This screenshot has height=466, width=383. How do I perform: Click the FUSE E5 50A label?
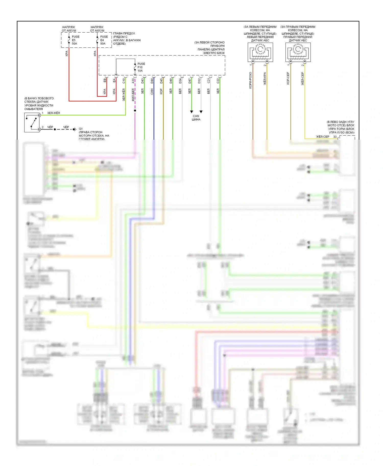pyautogui.click(x=75, y=40)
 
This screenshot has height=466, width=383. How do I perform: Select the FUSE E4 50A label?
pyautogui.click(x=104, y=40)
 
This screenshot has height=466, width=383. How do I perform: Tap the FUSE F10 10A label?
pyautogui.click(x=141, y=67)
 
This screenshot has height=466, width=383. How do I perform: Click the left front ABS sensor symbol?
pyautogui.click(x=260, y=52)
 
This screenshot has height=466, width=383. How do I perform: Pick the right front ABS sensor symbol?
pyautogui.click(x=298, y=52)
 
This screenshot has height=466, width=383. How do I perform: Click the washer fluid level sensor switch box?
pyautogui.click(x=32, y=123)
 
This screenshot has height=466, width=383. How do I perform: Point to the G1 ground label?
pyautogui.click(x=81, y=129)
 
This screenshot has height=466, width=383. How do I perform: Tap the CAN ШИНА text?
pyautogui.click(x=196, y=118)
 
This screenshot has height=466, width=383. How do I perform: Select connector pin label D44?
pyautogui.click(x=152, y=81)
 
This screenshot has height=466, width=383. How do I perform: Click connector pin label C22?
pyautogui.click(x=218, y=81)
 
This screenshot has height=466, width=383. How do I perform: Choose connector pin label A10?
pyautogui.click(x=133, y=81)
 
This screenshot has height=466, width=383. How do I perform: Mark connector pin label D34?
pyautogui.click(x=180, y=81)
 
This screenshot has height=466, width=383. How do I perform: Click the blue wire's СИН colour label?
pyautogui.click(x=152, y=91)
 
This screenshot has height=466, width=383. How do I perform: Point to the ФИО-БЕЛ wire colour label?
pyautogui.click(x=133, y=95)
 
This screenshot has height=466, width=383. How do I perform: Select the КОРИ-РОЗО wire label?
pyautogui.click(x=250, y=80)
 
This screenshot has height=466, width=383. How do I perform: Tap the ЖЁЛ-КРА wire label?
pyautogui.click(x=265, y=79)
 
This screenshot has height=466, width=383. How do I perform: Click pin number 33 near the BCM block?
pyautogui.click(x=335, y=137)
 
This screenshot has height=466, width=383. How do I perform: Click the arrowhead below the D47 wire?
pyautogui.click(x=192, y=112)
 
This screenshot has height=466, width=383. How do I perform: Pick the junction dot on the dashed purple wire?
pyautogui.click(x=135, y=111)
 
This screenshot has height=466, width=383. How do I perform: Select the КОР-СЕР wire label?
pyautogui.click(x=288, y=78)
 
